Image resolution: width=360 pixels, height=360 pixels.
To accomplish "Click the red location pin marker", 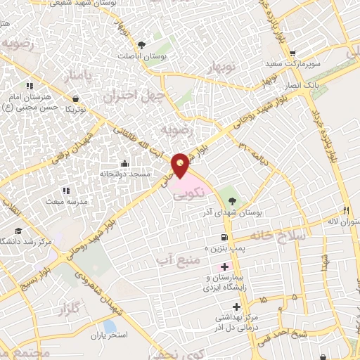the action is click(x=181, y=165).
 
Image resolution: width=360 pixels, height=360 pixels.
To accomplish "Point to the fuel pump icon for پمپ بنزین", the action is click(x=224, y=238).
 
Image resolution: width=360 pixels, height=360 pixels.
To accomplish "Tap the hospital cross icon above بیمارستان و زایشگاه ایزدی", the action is click(x=224, y=267).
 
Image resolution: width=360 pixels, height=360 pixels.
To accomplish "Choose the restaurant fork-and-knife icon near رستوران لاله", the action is click(x=346, y=210).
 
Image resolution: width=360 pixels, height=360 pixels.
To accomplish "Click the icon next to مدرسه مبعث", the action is click(x=65, y=191).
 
